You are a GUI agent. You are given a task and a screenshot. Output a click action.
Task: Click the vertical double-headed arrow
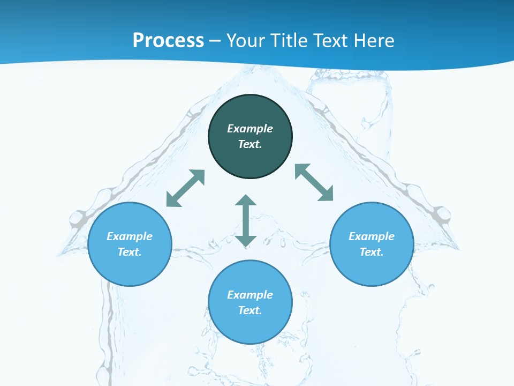click(246, 220)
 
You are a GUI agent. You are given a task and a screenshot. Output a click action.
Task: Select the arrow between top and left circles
click(185, 188)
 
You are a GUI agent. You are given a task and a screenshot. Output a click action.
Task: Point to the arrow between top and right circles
click(314, 182)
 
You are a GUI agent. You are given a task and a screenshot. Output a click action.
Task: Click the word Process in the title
click(168, 40)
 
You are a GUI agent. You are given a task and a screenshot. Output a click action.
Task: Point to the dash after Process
click(215, 41)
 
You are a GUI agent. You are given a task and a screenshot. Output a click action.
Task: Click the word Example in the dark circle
click(250, 129)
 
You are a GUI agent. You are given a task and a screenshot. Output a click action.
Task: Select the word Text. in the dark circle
click(250, 144)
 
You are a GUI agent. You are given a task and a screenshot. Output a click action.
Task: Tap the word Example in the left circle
click(130, 236)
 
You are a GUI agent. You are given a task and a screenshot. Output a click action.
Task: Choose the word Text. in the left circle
click(130, 252)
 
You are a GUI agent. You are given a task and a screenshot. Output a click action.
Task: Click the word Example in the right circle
click(372, 236)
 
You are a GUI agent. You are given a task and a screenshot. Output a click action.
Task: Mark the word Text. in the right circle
click(372, 252)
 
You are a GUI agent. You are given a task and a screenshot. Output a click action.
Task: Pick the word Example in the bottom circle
click(250, 295)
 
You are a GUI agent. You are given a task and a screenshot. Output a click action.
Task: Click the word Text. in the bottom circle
click(250, 310)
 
